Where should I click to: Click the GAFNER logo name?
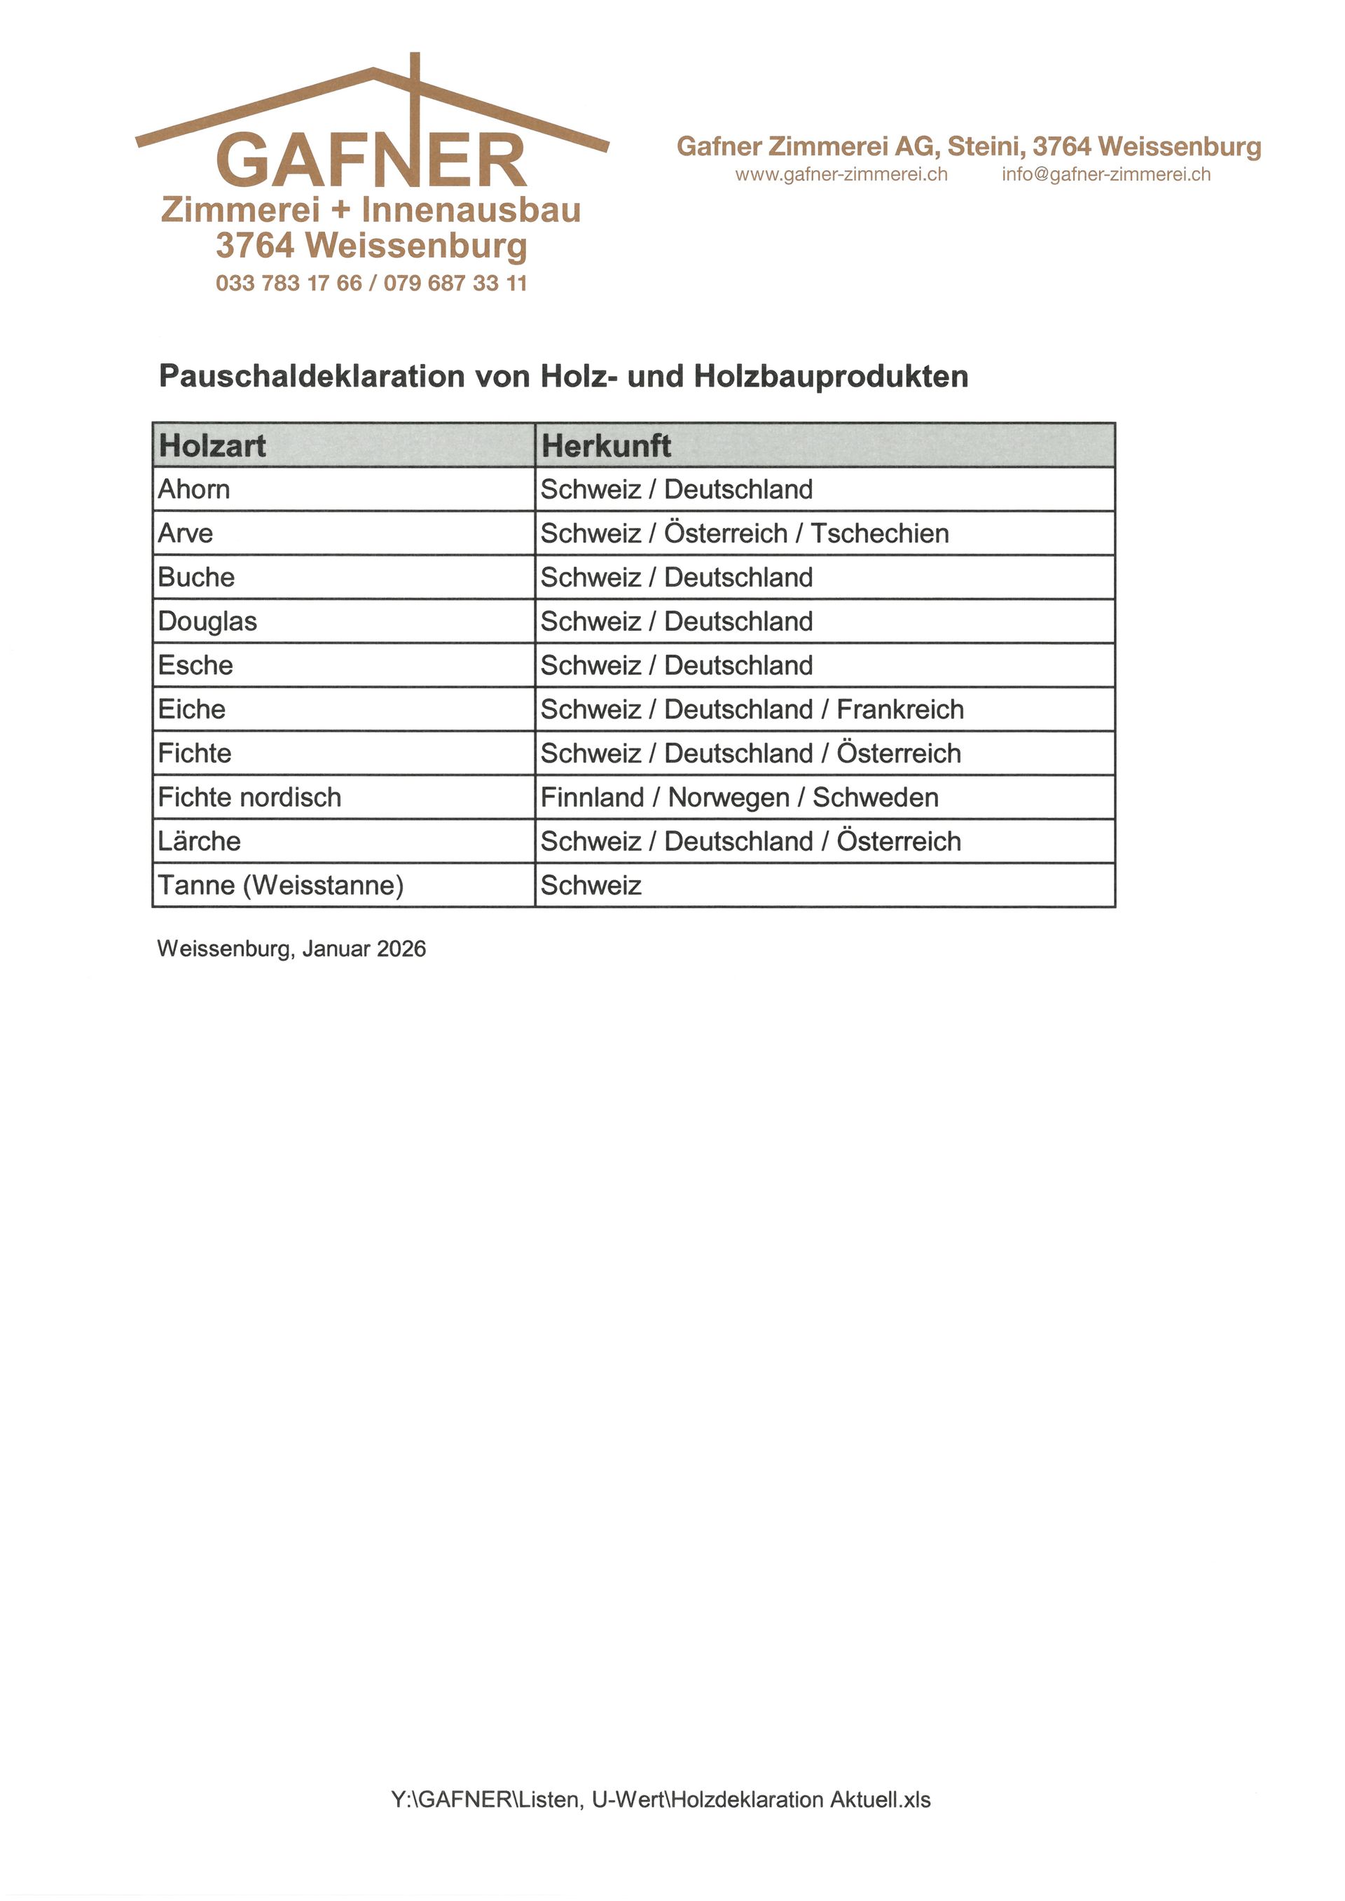point(371,160)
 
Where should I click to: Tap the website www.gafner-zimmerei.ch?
point(841,175)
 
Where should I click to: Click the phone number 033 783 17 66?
point(288,283)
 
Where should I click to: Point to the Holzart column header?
point(212,445)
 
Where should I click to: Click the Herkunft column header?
point(605,445)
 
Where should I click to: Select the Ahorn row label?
point(194,489)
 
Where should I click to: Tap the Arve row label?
point(186,534)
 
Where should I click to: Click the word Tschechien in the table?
point(880,534)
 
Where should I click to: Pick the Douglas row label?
point(207,621)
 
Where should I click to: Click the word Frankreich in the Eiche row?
point(900,709)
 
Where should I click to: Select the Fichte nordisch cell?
point(249,798)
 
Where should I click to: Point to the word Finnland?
point(592,798)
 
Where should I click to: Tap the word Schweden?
point(876,798)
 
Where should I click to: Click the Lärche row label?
point(199,841)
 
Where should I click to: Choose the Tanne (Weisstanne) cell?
point(281,885)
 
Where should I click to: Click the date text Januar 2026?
point(364,949)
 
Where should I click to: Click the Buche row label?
point(196,577)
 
